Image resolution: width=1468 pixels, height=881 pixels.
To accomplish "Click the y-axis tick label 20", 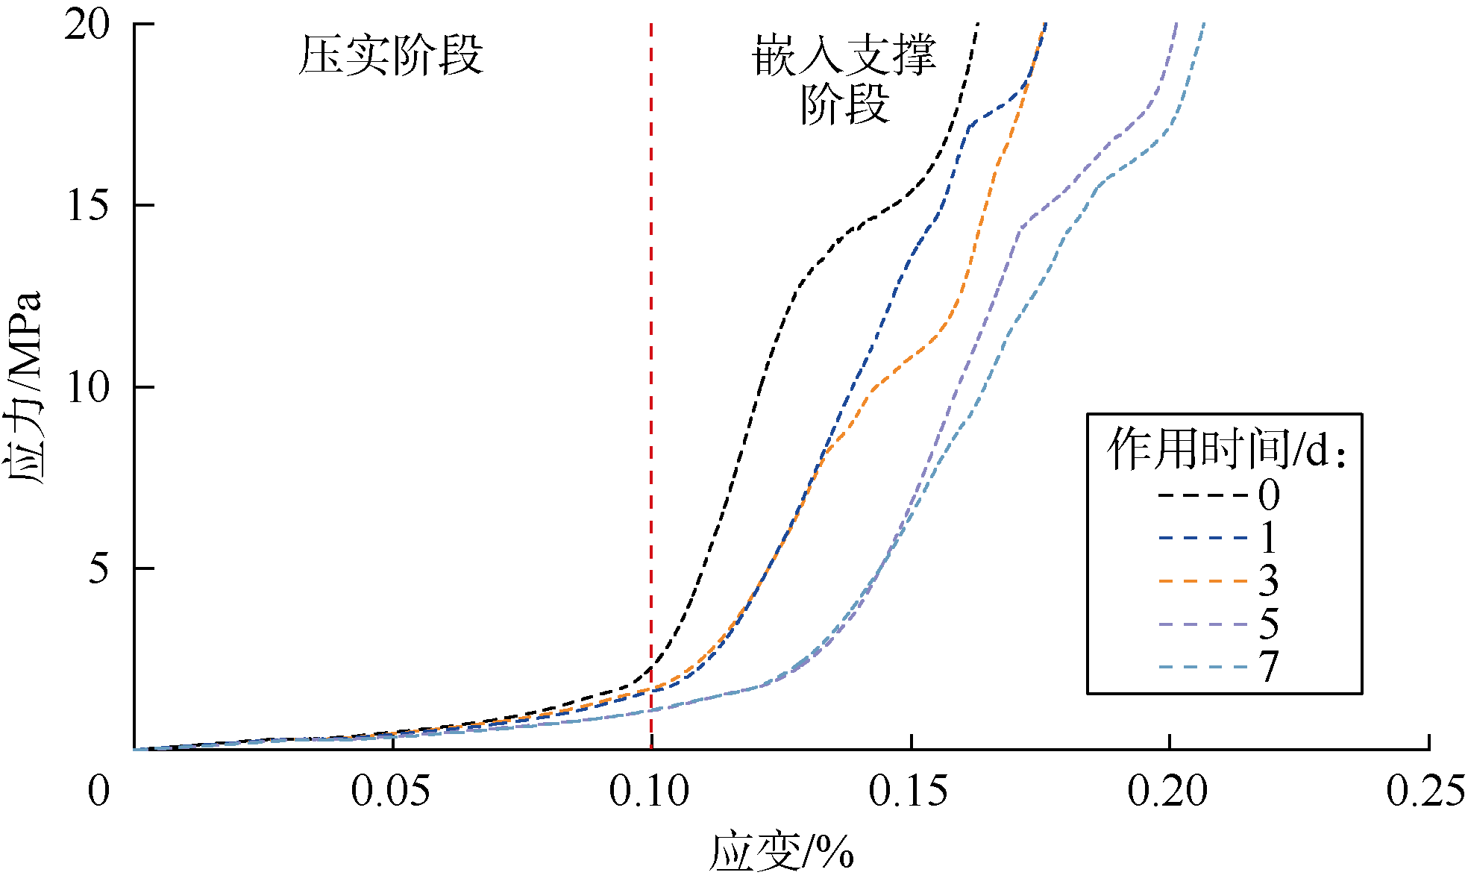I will pyautogui.click(x=87, y=25).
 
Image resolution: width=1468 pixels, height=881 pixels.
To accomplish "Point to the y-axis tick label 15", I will pyautogui.click(x=87, y=205).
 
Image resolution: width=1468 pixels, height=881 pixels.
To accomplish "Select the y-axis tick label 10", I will pyautogui.click(x=87, y=387).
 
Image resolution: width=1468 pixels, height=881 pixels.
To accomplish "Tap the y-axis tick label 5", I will pyautogui.click(x=98, y=568).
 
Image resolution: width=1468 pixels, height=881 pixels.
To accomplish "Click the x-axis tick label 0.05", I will pyautogui.click(x=390, y=791).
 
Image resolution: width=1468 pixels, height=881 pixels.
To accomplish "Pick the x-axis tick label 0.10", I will pyautogui.click(x=649, y=791).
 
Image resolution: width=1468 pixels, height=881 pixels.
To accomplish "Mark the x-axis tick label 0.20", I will pyautogui.click(x=1167, y=791).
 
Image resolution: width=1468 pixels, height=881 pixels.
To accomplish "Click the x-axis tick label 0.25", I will pyautogui.click(x=1425, y=791).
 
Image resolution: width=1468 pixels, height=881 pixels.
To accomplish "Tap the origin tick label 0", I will pyautogui.click(x=98, y=791).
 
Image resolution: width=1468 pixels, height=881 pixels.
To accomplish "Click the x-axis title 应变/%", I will pyautogui.click(x=781, y=853).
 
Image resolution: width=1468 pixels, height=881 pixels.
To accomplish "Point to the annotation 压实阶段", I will pyautogui.click(x=391, y=55).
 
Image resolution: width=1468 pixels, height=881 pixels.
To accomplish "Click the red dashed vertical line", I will pyautogui.click(x=651, y=373).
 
